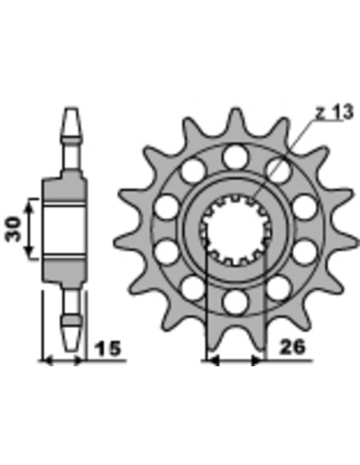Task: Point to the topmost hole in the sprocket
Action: (x=235, y=154)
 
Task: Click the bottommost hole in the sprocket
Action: (x=235, y=301)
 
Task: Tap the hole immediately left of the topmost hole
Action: (x=192, y=170)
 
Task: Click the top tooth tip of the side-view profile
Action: (x=71, y=111)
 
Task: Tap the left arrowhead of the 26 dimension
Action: (x=213, y=361)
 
